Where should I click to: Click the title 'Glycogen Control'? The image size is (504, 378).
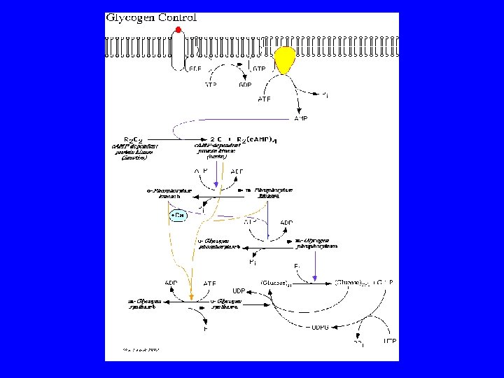click(150, 17)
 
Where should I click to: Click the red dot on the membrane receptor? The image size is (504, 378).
click(178, 29)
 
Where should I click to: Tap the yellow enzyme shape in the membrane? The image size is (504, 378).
click(285, 61)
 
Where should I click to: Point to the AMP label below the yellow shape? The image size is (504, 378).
click(300, 118)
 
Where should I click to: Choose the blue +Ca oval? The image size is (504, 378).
click(178, 216)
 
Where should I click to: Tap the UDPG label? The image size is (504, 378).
click(318, 326)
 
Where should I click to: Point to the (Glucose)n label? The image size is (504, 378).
click(272, 282)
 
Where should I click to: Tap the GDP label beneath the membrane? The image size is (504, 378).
click(245, 85)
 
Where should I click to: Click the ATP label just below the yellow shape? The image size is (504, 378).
click(264, 99)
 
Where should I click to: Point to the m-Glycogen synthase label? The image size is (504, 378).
click(145, 303)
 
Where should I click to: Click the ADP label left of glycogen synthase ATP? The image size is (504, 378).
click(171, 283)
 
